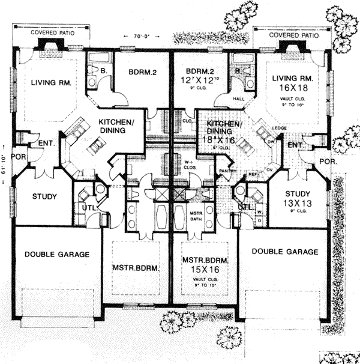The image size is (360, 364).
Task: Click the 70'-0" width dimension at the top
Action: [x=142, y=37]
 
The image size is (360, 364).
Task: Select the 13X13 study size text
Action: [x=298, y=204]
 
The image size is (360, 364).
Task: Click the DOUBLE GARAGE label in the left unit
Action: [x=58, y=254]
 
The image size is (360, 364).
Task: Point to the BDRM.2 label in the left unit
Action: [x=143, y=74]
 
